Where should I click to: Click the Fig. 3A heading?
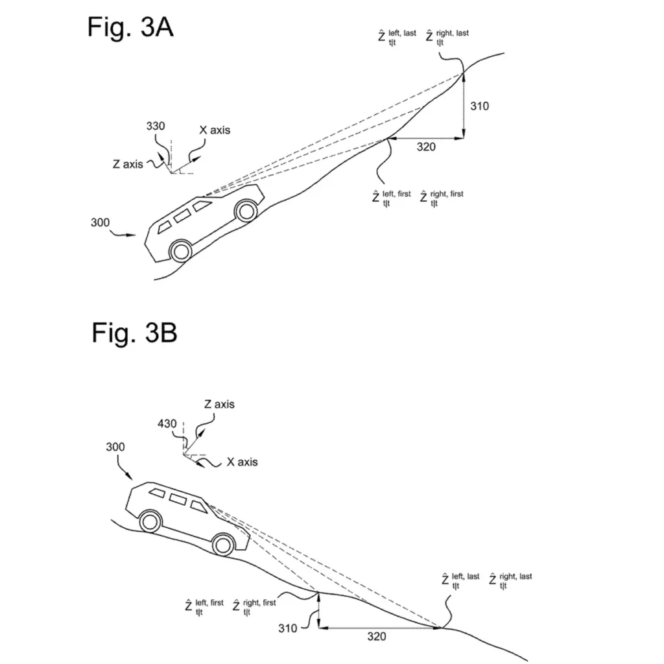130,27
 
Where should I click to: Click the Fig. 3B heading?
134,333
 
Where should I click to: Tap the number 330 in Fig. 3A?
156,126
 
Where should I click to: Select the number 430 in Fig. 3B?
167,423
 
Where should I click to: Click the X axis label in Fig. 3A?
215,130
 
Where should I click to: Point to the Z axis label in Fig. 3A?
128,164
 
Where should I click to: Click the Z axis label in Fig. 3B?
219,404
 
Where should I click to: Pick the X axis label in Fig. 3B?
243,462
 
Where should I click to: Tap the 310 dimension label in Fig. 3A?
479,106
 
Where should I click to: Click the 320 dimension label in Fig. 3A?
426,147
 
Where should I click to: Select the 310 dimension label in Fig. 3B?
287,628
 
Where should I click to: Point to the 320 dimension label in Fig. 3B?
377,637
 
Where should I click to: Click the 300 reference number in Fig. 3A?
100,222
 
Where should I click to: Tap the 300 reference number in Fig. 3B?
115,447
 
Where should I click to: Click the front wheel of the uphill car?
246,211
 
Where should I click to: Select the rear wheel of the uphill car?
181,252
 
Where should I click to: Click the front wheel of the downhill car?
223,545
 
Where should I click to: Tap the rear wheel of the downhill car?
150,522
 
